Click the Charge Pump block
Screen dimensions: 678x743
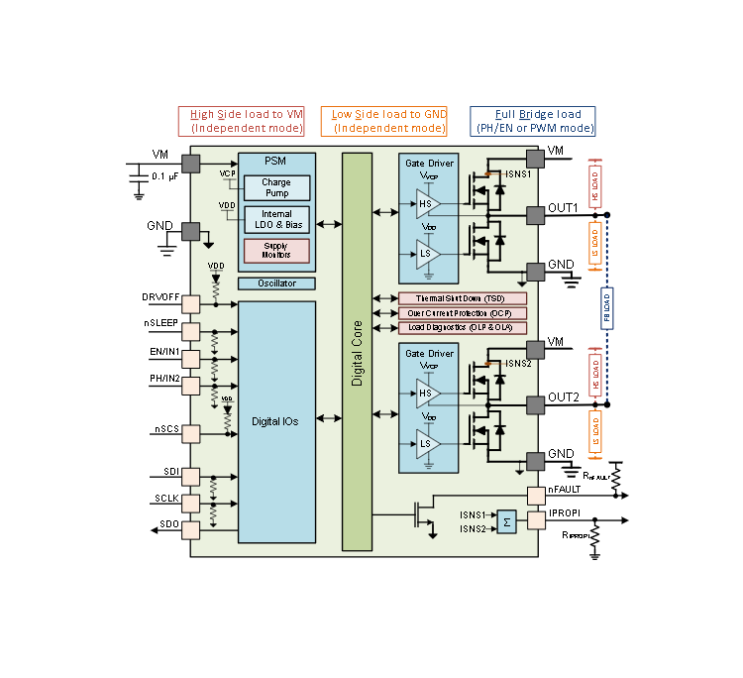276,188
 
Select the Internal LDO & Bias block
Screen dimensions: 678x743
276,220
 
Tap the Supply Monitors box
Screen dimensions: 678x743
276,251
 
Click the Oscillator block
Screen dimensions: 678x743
276,283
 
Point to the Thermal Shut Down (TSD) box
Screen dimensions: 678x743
462,298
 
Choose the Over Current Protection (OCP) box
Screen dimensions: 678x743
462,313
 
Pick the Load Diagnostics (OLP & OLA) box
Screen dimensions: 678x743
462,327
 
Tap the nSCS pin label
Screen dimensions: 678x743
165,428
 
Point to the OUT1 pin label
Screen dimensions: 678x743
564,208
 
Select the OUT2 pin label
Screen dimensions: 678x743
564,396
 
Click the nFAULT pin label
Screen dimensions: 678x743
565,489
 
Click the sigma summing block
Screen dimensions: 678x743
507,521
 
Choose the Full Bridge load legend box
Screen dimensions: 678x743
532,121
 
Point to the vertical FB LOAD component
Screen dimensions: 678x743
606,307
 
